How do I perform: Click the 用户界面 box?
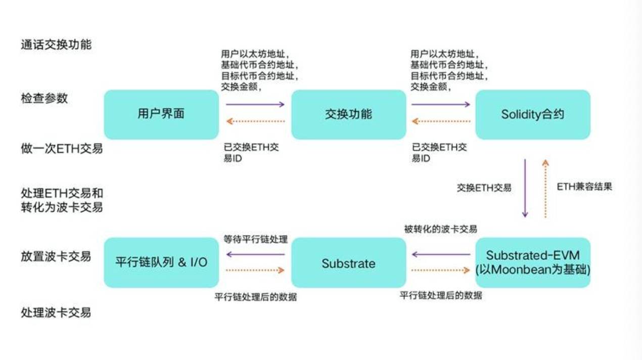coord(161,114)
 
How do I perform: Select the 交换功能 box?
coord(348,114)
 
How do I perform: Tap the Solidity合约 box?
coord(532,115)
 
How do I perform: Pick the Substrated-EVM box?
coord(532,262)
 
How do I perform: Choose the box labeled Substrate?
coord(348,263)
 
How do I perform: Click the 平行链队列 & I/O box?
coord(161,263)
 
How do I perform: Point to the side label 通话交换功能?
coord(56,44)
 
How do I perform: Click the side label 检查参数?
coord(44,98)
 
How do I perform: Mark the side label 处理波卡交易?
coord(56,312)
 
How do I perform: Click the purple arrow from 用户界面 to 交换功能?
coord(255,104)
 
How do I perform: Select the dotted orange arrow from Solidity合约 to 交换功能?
coord(441,121)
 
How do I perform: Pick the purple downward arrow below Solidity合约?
coord(525,188)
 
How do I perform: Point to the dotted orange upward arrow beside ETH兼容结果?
coord(545,188)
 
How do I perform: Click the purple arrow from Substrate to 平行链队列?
coord(255,254)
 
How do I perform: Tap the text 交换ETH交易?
coord(484,188)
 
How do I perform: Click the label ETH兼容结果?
coord(584,187)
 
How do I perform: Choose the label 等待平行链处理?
coord(255,239)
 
